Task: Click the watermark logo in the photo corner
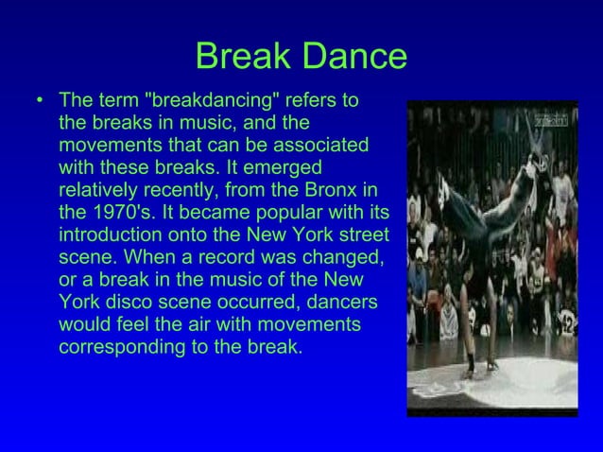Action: tap(553, 119)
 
